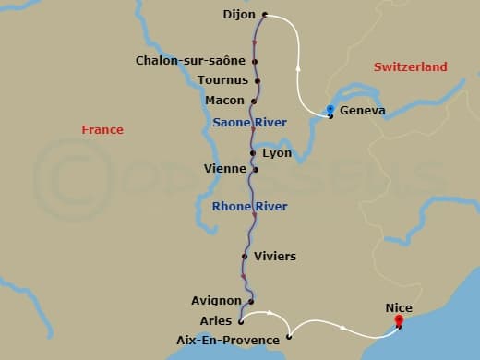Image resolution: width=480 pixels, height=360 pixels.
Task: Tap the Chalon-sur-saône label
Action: pos(190,61)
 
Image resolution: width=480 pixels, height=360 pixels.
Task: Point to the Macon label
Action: pos(224,101)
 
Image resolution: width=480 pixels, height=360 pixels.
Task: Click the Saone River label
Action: pos(249,123)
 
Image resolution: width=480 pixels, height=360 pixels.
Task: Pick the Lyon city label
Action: pos(277,152)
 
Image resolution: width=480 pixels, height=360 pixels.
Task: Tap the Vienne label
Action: pos(225,169)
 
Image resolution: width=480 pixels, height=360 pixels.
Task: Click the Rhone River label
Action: pos(249,206)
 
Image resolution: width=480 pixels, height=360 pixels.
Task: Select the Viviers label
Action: pos(275,256)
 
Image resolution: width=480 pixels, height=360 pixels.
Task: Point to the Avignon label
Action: pos(216,301)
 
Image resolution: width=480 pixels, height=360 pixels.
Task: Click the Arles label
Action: pos(216,320)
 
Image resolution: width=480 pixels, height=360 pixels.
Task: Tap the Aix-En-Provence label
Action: pos(227,341)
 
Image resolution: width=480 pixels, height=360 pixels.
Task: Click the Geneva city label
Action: pos(363,112)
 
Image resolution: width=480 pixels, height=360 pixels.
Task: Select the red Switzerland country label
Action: pos(410,67)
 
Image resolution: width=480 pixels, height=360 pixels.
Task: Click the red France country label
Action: pos(102,130)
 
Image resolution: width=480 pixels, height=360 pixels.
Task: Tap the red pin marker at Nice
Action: pos(399,320)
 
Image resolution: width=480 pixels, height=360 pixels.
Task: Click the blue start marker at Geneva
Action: pos(330,109)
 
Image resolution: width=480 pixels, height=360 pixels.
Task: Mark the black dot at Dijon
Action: pos(265,15)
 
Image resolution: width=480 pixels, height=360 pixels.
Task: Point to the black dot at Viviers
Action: pos(245,257)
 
